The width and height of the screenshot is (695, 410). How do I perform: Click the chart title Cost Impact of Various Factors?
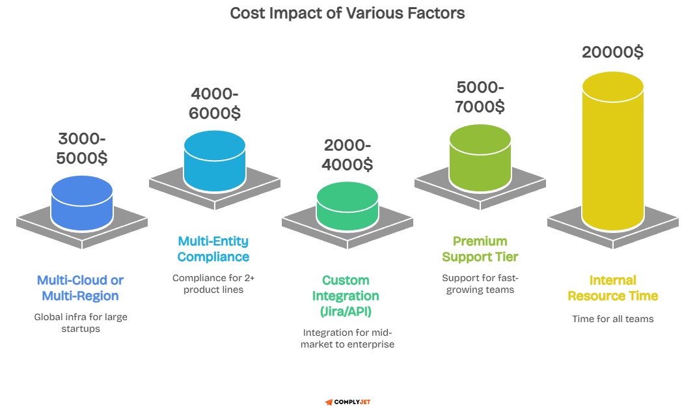(x=347, y=13)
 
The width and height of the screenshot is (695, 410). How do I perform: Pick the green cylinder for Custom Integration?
(x=347, y=206)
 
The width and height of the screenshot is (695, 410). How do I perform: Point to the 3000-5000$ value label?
(x=82, y=148)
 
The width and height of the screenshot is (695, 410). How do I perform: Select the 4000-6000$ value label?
(x=215, y=103)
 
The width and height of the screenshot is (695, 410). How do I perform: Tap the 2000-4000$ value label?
(x=347, y=156)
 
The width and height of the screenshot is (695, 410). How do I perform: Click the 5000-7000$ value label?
(x=480, y=97)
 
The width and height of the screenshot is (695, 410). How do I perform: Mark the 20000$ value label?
(x=612, y=53)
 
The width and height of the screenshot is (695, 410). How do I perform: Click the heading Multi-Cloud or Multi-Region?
(x=80, y=288)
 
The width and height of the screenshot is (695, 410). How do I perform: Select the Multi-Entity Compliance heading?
(x=213, y=249)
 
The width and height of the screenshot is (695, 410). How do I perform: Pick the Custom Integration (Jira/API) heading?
(x=346, y=296)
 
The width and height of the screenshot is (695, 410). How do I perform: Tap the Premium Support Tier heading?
(x=480, y=249)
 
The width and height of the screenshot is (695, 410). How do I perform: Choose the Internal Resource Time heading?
(x=612, y=288)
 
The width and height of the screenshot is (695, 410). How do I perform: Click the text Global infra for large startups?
(x=80, y=323)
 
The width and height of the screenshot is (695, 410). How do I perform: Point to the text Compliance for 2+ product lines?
(x=213, y=284)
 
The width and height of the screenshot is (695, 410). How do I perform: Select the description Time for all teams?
(x=612, y=319)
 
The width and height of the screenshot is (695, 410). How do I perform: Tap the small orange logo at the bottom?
(x=329, y=402)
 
